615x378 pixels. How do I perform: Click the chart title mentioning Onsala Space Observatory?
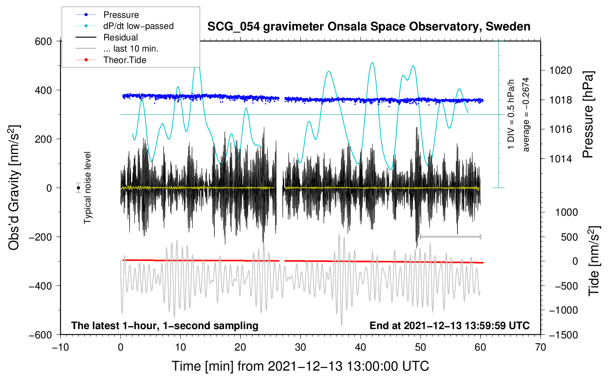(369, 27)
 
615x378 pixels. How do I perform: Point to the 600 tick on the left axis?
(43, 42)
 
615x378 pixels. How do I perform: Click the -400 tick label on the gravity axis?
(40, 286)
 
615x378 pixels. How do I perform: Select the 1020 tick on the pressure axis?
(561, 71)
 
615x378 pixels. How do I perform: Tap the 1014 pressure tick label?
(561, 159)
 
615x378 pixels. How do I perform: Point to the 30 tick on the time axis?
(300, 348)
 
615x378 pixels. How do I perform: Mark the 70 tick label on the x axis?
(540, 348)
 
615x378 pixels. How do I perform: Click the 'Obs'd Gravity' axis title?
(14, 188)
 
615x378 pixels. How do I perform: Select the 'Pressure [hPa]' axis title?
(588, 115)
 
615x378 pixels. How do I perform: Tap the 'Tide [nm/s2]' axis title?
(594, 261)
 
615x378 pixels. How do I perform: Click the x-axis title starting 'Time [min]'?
(300, 367)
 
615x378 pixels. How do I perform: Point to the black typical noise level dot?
(78, 188)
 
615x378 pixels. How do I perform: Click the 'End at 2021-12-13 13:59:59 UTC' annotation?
(449, 325)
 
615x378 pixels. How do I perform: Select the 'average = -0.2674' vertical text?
(525, 115)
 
